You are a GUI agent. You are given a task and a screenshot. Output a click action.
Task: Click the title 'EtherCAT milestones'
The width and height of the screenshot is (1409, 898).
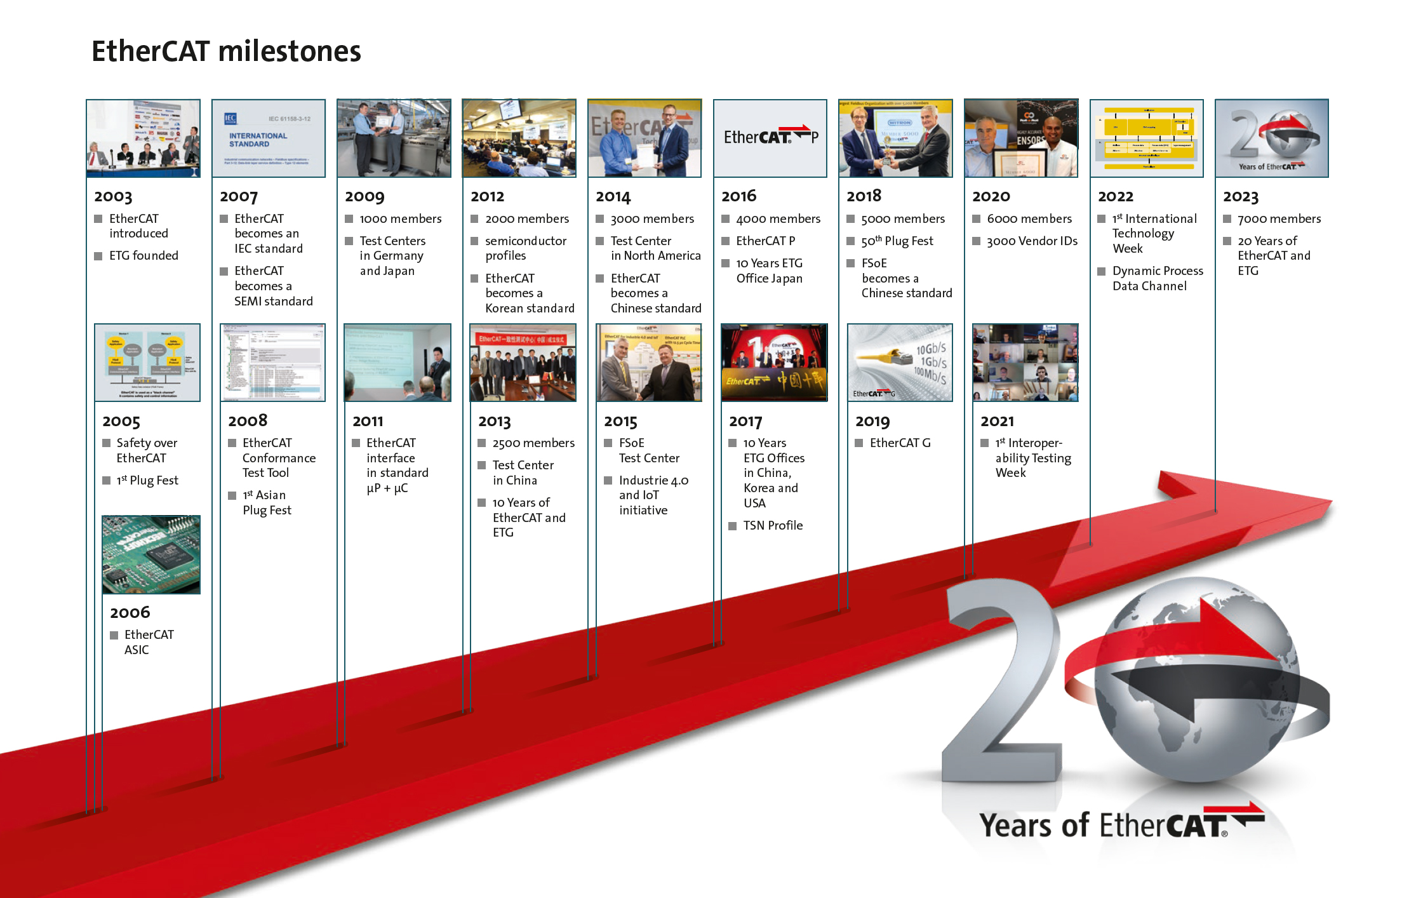pos(226,51)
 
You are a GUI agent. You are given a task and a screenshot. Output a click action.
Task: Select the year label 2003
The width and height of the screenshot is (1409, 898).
pos(113,197)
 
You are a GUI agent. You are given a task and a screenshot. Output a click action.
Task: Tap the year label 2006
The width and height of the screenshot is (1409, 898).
pos(130,612)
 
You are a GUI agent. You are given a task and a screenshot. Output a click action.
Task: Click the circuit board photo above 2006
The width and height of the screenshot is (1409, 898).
pos(151,554)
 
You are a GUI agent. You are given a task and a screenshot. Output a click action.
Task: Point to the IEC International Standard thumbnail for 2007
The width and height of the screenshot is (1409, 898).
pos(268,138)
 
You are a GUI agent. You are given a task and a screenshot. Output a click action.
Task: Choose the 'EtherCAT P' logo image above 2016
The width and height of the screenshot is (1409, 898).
pos(770,138)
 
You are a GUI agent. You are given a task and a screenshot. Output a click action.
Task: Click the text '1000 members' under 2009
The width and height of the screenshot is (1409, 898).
pos(400,219)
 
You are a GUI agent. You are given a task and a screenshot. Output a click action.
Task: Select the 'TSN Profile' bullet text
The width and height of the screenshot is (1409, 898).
pos(773,526)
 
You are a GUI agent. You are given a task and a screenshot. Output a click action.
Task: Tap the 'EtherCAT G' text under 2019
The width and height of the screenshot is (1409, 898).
pos(900,443)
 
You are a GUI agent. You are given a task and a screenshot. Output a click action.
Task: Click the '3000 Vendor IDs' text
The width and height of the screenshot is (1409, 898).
pos(1032,241)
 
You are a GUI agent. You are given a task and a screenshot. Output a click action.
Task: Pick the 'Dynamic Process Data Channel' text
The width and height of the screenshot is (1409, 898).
pos(1157,278)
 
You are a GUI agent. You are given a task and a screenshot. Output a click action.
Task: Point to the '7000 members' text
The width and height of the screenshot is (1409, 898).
pos(1279,219)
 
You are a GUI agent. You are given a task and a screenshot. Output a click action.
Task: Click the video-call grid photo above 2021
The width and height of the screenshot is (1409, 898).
pos(1025,363)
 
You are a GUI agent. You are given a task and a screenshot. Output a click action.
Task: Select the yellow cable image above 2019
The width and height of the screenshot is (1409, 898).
pos(900,363)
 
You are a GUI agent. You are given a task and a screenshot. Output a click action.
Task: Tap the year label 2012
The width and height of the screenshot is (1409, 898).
pos(487,197)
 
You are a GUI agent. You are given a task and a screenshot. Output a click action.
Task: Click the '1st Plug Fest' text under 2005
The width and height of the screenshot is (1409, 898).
pos(147,481)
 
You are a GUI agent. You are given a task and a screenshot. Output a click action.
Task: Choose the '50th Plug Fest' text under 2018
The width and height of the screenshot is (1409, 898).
pos(897,241)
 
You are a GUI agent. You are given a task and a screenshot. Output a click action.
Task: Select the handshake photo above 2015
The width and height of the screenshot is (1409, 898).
pos(648,363)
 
